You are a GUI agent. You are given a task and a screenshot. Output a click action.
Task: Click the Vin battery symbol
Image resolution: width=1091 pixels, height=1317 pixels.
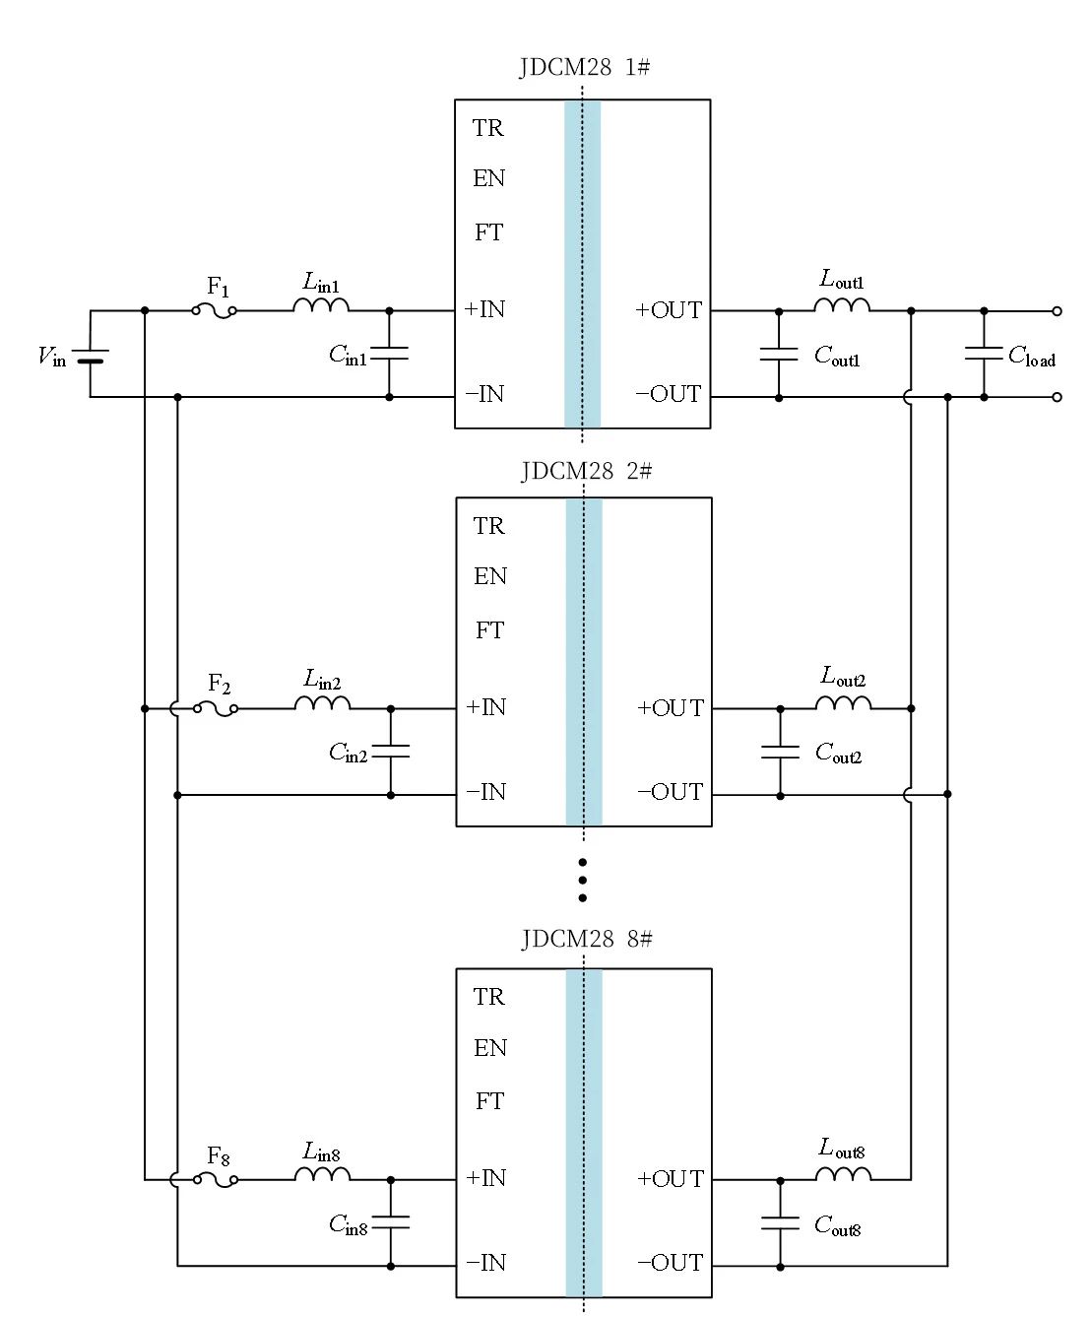click(x=91, y=355)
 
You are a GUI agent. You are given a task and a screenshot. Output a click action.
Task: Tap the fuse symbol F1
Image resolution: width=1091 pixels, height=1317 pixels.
click(x=215, y=311)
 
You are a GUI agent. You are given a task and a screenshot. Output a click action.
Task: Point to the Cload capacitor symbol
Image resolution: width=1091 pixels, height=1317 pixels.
click(x=984, y=354)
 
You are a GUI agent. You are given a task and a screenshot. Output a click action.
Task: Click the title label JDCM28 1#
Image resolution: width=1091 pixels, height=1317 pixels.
click(x=584, y=68)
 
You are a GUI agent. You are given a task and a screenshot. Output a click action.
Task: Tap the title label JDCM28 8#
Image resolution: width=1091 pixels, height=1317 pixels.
click(x=586, y=939)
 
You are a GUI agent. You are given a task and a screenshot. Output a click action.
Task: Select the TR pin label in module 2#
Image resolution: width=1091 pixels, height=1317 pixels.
click(x=488, y=526)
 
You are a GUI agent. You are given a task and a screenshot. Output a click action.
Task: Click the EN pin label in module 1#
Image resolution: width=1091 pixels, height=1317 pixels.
click(x=488, y=178)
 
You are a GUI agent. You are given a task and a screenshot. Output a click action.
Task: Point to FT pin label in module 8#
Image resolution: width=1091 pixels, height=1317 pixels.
click(x=489, y=1101)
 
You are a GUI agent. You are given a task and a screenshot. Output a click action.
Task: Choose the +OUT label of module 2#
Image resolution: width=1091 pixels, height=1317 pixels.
click(x=671, y=708)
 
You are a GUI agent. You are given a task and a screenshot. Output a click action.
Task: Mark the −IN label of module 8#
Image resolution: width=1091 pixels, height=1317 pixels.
click(x=485, y=1263)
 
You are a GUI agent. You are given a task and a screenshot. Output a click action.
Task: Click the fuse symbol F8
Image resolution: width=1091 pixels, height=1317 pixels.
click(x=216, y=1178)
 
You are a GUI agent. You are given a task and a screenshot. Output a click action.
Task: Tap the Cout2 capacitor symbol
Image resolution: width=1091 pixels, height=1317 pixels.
click(x=781, y=752)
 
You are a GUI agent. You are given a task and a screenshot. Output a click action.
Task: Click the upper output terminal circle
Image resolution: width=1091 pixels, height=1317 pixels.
click(x=1057, y=311)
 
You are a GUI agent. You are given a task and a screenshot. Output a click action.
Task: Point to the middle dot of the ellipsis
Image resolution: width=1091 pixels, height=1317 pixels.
click(x=583, y=880)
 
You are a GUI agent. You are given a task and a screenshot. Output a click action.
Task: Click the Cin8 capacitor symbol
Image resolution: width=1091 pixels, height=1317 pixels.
click(x=391, y=1222)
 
